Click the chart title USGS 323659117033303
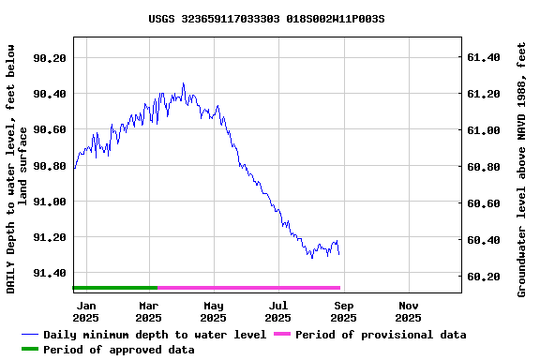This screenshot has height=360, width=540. tap(267, 18)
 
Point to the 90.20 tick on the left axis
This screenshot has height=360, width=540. tap(50, 58)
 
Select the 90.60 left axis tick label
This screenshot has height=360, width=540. tap(50, 129)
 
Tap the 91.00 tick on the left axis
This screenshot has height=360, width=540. tap(50, 202)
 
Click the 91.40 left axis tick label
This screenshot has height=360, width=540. tap(50, 273)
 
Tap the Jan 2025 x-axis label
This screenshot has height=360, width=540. tap(85, 311)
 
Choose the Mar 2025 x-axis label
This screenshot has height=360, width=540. tap(149, 311)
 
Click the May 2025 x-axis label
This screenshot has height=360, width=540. tap(214, 311)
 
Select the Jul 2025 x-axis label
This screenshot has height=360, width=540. tap(278, 311)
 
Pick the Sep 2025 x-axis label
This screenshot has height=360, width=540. tap(344, 311)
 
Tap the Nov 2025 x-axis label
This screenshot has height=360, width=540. tap(409, 311)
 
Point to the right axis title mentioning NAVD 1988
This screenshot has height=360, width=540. tap(522, 169)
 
